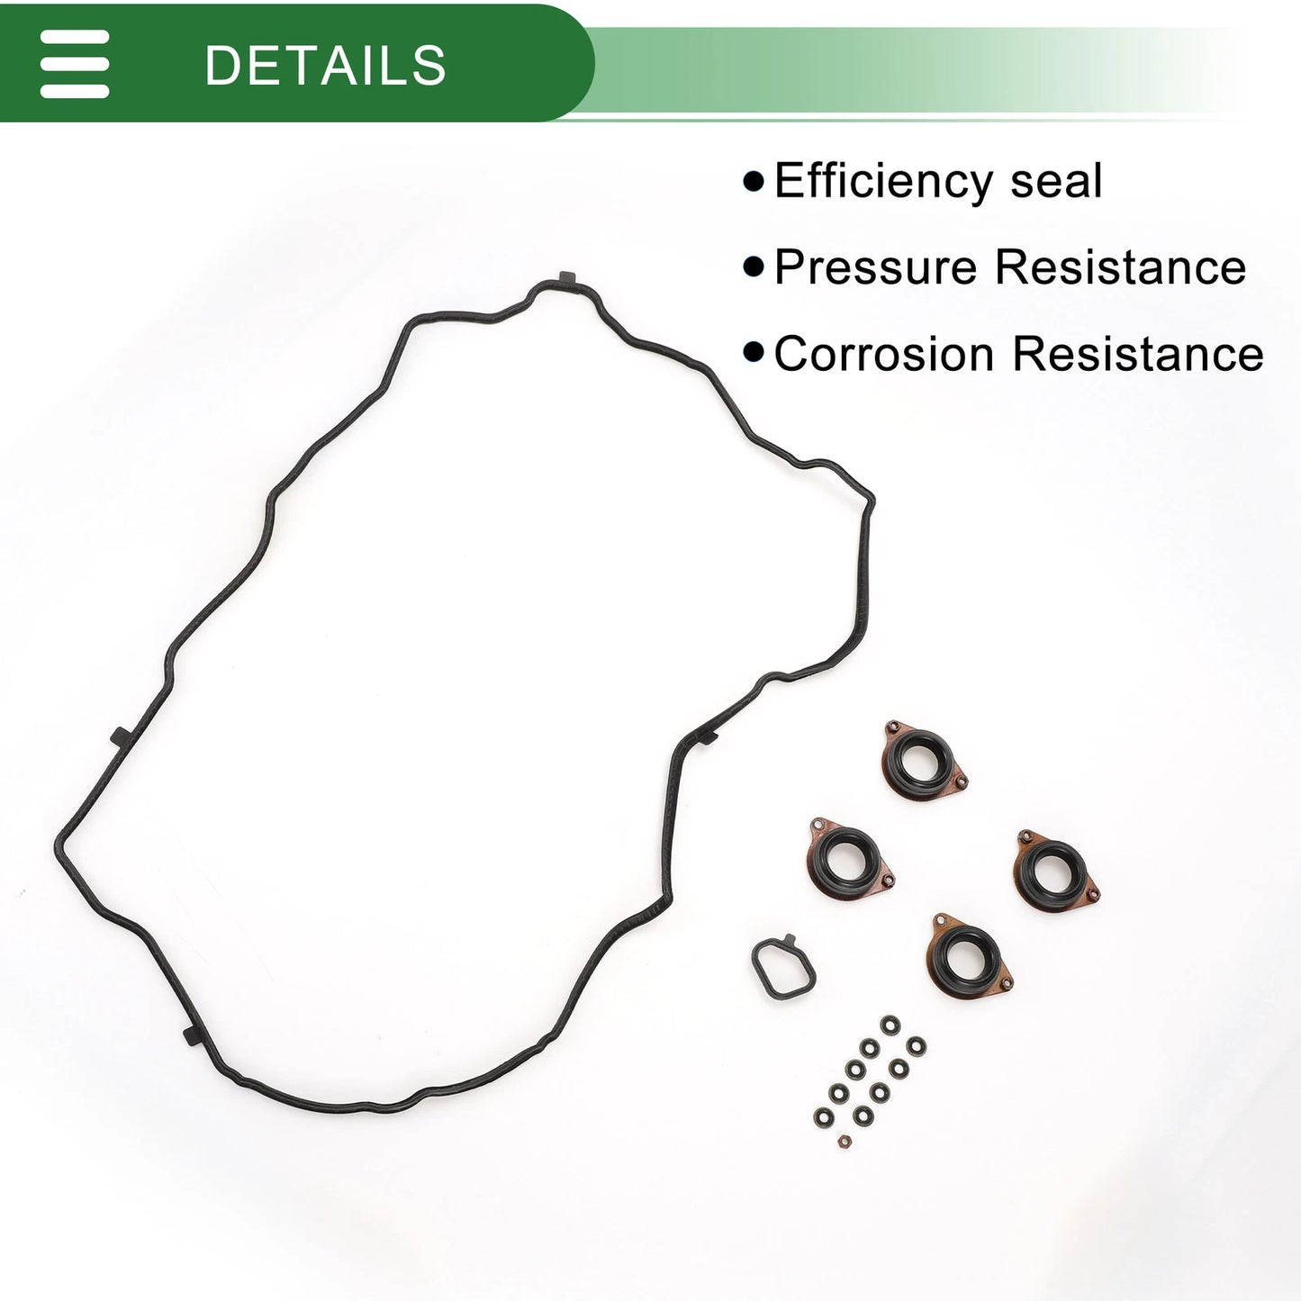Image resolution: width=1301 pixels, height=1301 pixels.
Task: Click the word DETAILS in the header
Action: coord(325,65)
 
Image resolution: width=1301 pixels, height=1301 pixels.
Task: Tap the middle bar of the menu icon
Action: coord(75,64)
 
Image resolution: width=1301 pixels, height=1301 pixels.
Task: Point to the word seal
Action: coord(1056,181)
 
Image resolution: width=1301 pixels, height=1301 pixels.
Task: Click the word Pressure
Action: coord(876,267)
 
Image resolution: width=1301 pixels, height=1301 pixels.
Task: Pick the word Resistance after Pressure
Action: coord(1121,267)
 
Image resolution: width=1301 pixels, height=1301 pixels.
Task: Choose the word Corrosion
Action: coord(884,354)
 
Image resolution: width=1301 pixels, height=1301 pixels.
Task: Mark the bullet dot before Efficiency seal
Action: coord(754,182)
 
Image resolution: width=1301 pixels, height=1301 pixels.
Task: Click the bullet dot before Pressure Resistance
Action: coord(754,267)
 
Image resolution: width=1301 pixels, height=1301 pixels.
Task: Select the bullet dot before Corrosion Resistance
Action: coord(754,353)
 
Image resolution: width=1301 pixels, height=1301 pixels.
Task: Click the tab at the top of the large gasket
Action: coord(567,278)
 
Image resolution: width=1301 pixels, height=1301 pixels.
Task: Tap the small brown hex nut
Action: coord(844,1142)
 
